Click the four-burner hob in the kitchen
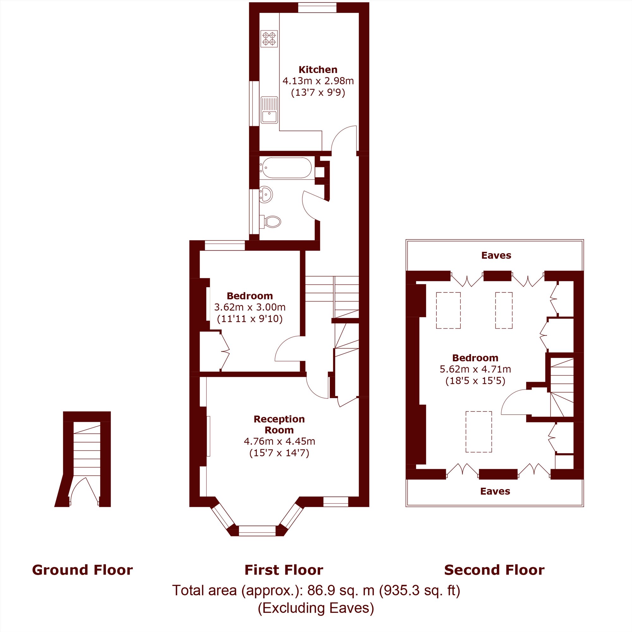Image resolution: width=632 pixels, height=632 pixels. (269, 39)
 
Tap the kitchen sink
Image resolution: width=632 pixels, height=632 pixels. (269, 110)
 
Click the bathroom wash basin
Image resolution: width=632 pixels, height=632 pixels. (266, 195)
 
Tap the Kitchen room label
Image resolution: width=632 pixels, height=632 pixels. (318, 70)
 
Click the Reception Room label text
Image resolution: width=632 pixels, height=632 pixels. (279, 425)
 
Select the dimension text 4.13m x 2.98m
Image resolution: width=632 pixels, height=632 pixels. (318, 81)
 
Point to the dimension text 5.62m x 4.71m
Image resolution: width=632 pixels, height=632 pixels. (475, 369)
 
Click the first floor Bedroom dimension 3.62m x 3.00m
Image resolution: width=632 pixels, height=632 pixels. (250, 307)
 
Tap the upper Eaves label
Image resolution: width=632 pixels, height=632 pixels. (496, 255)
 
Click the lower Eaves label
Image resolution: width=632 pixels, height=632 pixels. (495, 491)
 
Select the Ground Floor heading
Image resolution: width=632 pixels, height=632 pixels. (82, 569)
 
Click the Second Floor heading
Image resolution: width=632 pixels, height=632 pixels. (494, 569)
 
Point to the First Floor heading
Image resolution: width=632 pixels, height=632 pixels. (284, 569)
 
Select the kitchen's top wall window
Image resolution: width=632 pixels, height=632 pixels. (317, 8)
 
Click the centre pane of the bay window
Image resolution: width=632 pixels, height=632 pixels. (257, 531)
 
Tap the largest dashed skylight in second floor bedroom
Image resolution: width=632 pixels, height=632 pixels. (478, 432)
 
